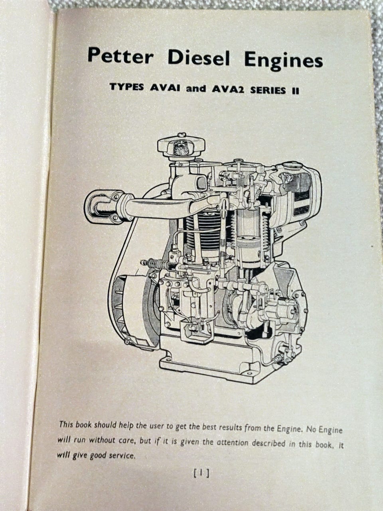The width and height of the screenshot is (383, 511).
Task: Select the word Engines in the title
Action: click(283, 61)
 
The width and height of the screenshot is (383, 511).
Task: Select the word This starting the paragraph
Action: click(66, 424)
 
